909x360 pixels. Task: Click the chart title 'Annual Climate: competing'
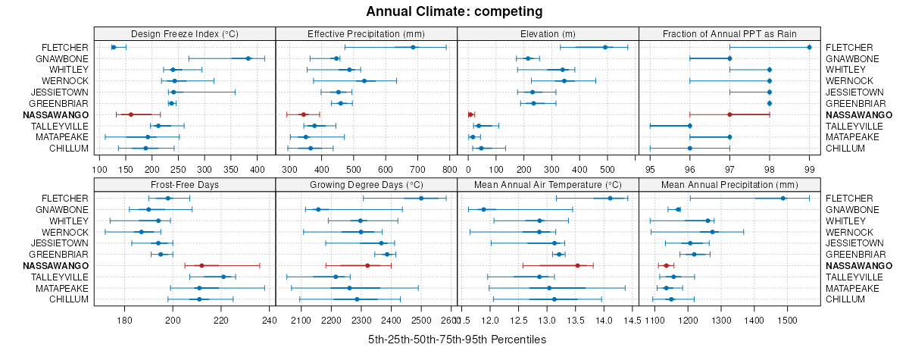click(x=454, y=11)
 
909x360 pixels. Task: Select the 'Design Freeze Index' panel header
click(x=185, y=33)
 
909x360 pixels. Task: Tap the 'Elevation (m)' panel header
click(x=548, y=33)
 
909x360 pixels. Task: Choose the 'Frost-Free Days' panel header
click(x=185, y=184)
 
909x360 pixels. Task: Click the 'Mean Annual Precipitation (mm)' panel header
click(x=729, y=184)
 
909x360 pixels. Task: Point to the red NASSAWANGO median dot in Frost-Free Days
click(x=201, y=265)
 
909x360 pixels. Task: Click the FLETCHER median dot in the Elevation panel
click(x=604, y=47)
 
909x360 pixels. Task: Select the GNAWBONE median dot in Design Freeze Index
click(x=248, y=58)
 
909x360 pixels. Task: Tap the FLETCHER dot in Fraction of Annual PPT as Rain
click(x=809, y=47)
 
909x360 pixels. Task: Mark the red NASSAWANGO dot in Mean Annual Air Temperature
click(x=577, y=265)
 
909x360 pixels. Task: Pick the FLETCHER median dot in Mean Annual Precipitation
click(x=783, y=198)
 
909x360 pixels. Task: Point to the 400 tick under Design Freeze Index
click(x=257, y=169)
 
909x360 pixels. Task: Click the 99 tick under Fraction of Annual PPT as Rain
click(x=809, y=169)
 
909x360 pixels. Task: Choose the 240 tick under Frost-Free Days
click(x=269, y=320)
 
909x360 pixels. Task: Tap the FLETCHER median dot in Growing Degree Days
click(x=421, y=198)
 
